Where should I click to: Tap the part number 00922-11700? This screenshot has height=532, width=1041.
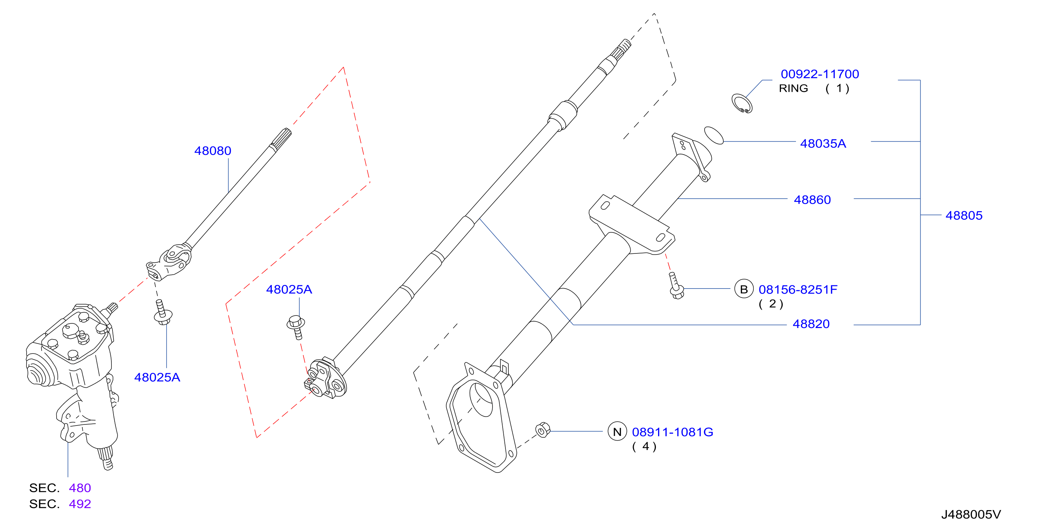820,74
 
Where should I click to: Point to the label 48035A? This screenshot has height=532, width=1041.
823,144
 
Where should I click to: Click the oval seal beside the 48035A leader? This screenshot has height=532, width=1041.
714,135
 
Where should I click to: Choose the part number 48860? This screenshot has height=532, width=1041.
812,200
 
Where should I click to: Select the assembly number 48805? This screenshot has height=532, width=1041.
964,215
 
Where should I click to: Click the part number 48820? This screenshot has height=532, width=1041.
811,324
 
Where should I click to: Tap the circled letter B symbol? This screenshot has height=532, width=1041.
744,289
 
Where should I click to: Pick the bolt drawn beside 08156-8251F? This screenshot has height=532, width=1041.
676,286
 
